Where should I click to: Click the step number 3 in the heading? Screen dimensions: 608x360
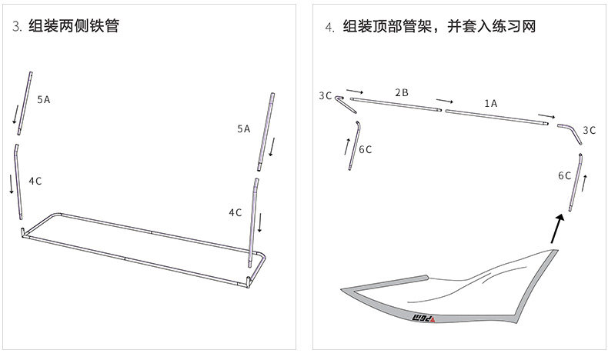(x=15, y=27)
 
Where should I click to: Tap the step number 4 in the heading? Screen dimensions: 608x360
(x=329, y=27)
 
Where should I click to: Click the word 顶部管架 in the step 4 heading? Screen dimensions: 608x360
(x=401, y=27)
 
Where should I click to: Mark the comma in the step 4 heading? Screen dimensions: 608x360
(x=441, y=29)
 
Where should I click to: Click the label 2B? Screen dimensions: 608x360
(x=401, y=92)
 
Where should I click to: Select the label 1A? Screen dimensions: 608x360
(x=490, y=102)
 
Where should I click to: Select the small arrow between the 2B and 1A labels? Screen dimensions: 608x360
(x=444, y=101)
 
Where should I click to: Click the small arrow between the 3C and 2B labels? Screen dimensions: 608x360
(x=355, y=90)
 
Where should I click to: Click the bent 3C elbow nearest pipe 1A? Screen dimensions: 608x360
(x=570, y=131)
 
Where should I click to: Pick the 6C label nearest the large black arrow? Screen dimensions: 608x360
(x=564, y=175)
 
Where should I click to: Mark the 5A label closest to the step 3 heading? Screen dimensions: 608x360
(x=44, y=99)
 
